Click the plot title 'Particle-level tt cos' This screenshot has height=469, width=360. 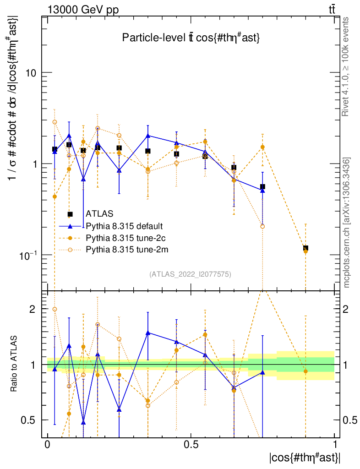(191, 38)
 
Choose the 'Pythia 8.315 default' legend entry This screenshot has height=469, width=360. (124, 226)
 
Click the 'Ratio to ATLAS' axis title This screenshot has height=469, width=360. (15, 365)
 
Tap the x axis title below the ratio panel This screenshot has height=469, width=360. (305, 457)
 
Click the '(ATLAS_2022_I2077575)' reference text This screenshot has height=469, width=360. (190, 274)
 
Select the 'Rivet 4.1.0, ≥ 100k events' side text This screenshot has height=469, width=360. (347, 67)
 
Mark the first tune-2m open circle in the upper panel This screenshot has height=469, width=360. (55, 122)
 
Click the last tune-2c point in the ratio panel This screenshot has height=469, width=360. (305, 371)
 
